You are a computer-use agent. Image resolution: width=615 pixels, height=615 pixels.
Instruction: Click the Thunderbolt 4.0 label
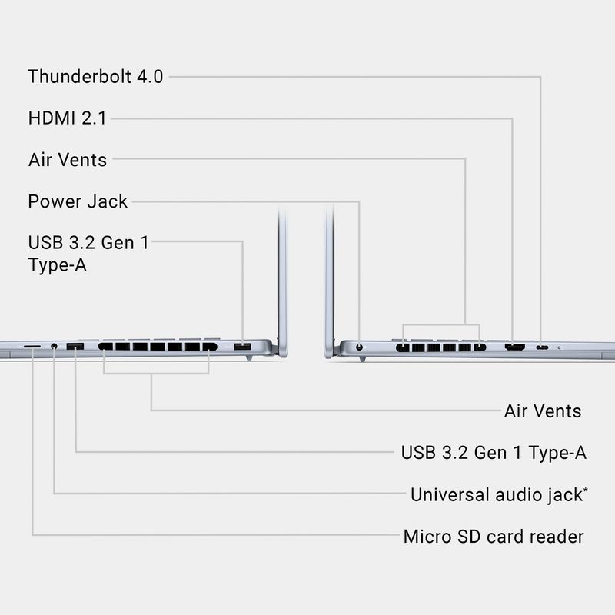[x=95, y=77]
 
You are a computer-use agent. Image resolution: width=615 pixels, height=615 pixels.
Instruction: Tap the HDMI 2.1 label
[x=67, y=118]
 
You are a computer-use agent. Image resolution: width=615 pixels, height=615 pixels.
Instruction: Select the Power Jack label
[x=78, y=201]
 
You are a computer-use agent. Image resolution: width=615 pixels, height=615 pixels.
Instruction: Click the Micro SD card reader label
[x=494, y=536]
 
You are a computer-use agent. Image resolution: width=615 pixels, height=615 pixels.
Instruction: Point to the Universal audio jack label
[x=496, y=494]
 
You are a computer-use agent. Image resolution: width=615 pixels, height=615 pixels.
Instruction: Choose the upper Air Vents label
[x=68, y=160]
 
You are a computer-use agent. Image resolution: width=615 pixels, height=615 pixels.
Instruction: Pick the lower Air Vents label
[x=543, y=411]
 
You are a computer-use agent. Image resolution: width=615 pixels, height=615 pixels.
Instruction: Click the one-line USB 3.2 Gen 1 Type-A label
[x=494, y=452]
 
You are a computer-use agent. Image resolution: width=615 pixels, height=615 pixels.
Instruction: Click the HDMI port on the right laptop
[x=514, y=348]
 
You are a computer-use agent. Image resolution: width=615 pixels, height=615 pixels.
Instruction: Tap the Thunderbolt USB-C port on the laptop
[x=543, y=348]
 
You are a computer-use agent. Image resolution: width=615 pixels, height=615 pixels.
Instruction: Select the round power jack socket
[x=360, y=349]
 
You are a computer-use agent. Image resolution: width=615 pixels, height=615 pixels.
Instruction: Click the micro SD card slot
[x=32, y=347]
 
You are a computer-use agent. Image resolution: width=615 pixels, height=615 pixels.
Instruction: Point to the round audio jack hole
[x=54, y=347]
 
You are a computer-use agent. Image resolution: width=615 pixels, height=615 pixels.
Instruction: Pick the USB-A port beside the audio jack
[x=75, y=347]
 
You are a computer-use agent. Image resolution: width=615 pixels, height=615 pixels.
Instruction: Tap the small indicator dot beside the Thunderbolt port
[x=558, y=348]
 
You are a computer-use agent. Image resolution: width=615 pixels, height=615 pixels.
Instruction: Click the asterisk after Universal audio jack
[x=586, y=489]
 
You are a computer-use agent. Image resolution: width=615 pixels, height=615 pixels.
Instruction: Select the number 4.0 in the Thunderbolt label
[x=148, y=77]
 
